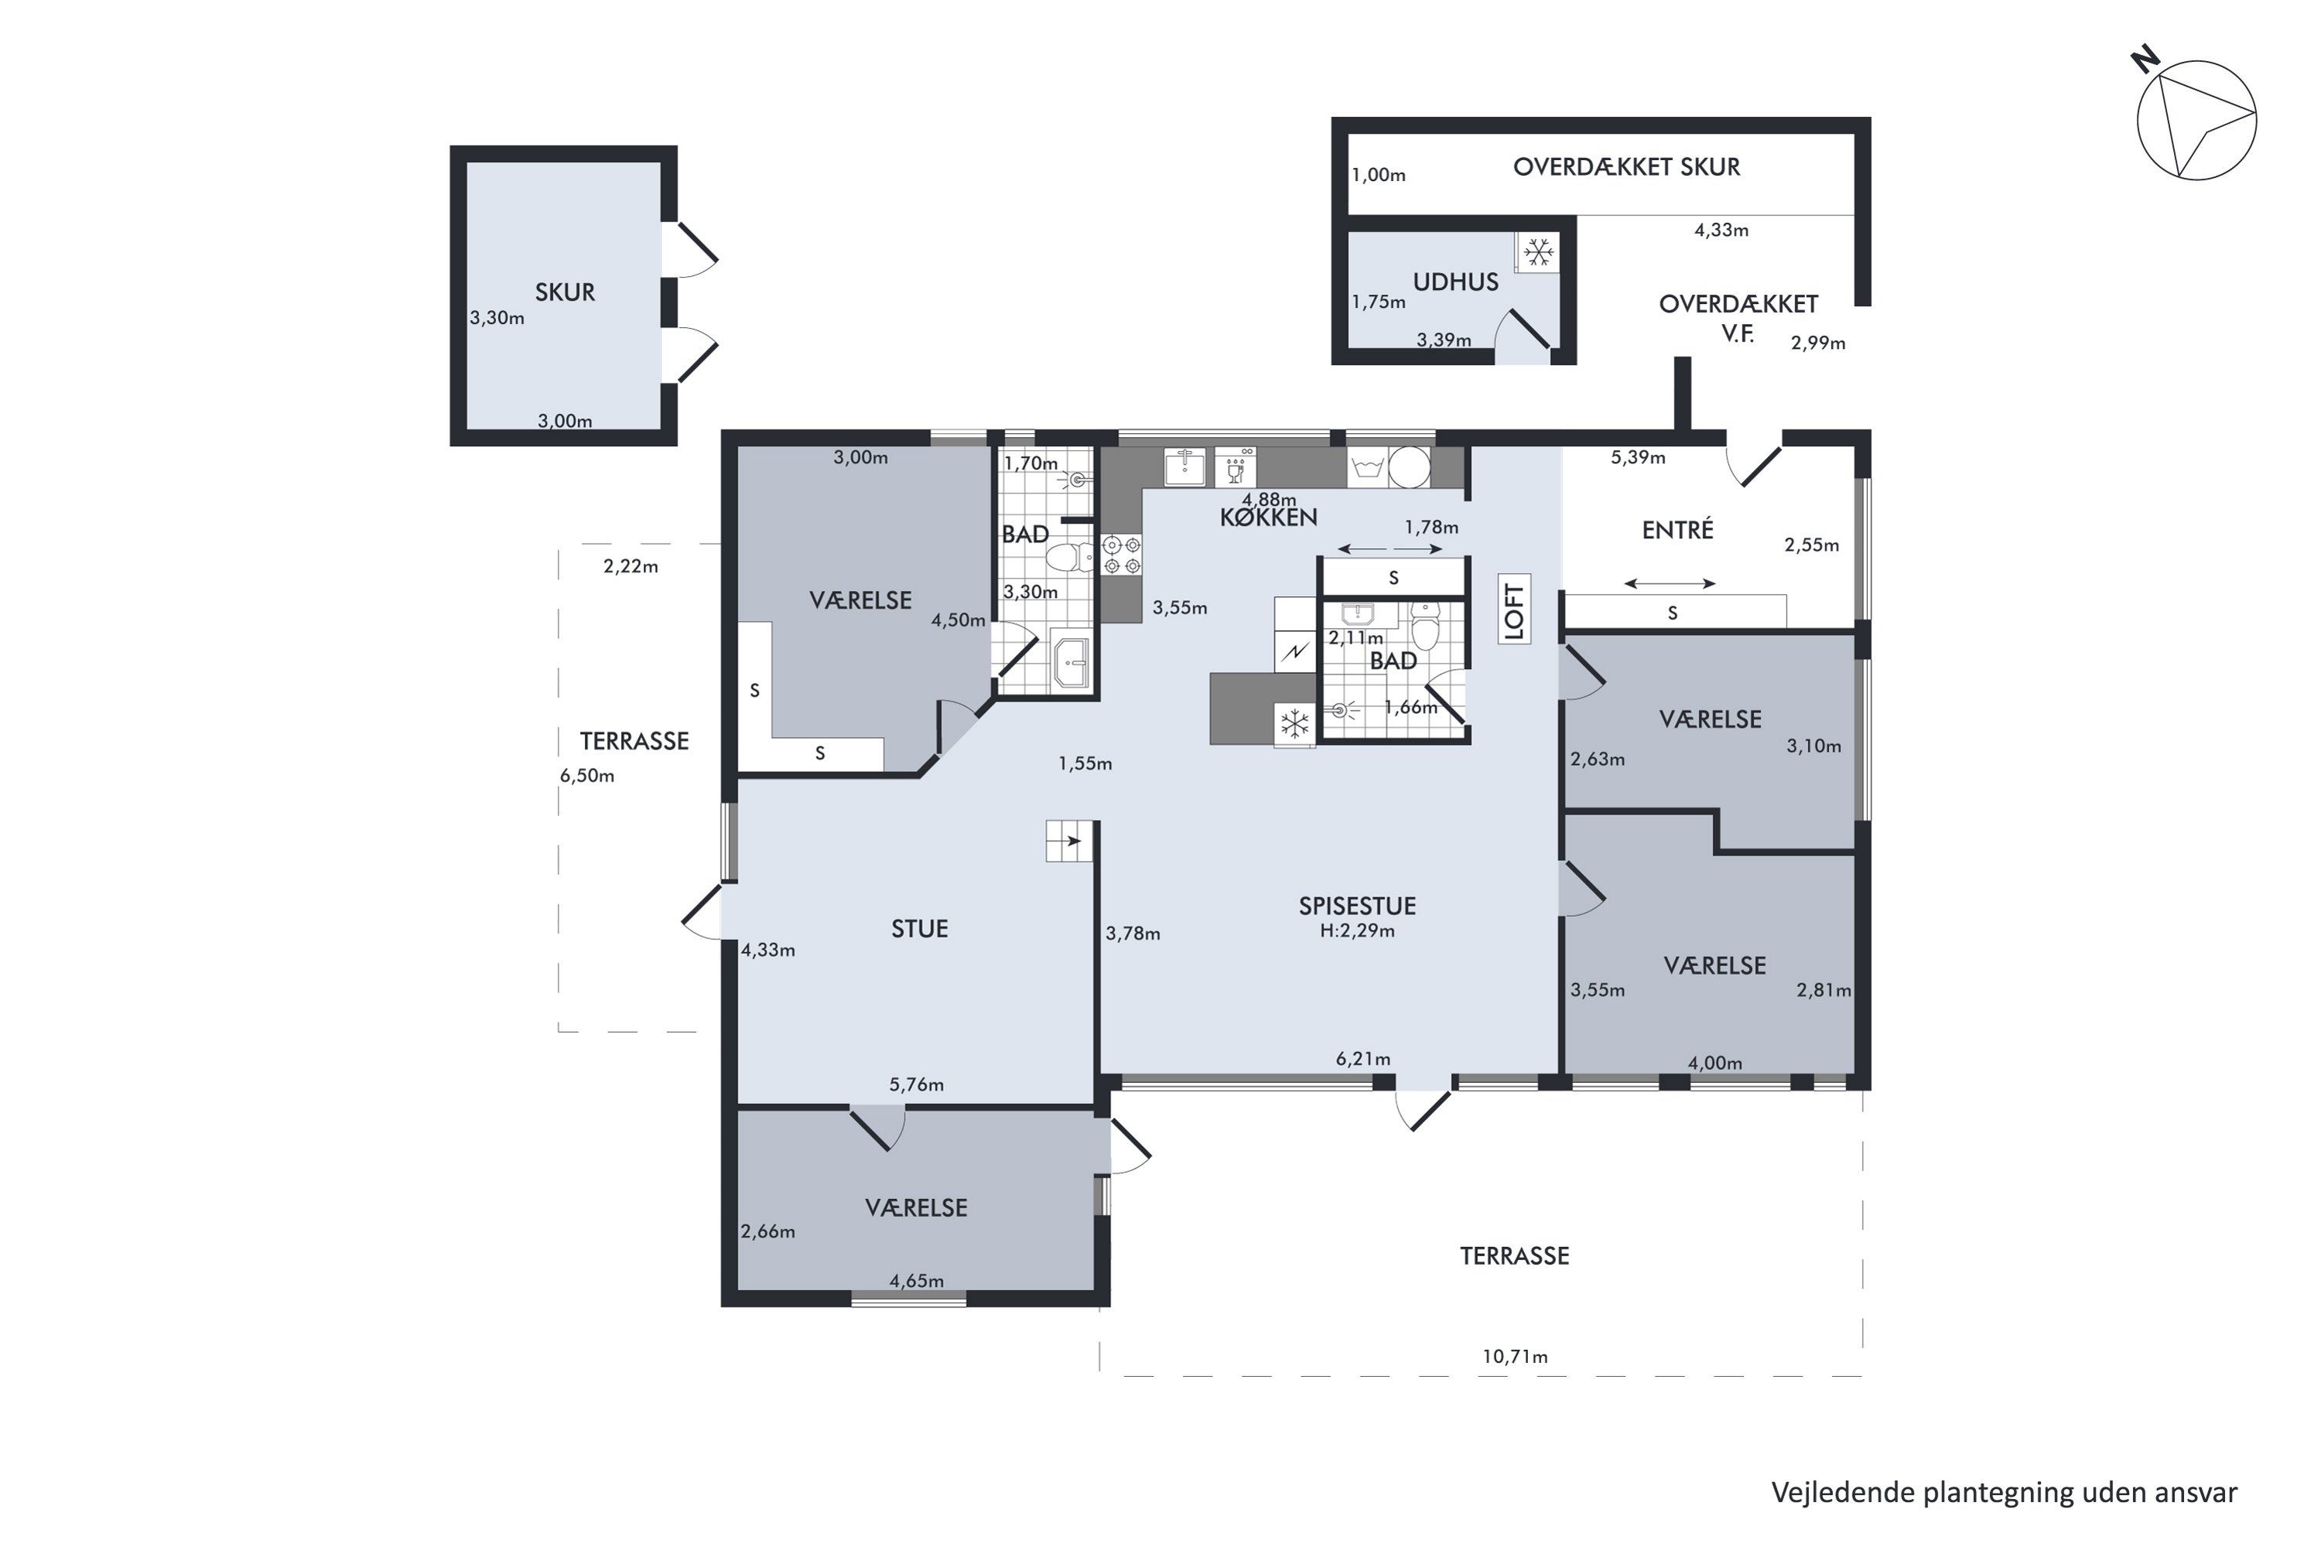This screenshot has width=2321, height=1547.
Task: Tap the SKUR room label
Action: (565, 292)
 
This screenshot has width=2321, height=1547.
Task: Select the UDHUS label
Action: (1455, 282)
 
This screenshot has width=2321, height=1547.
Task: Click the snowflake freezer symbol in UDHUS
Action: (1537, 253)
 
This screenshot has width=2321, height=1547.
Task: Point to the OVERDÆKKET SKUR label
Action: (1626, 167)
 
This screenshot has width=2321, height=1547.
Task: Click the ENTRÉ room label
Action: (1677, 530)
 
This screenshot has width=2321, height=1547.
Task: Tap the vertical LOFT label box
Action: (1514, 609)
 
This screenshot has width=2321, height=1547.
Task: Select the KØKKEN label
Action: (1268, 517)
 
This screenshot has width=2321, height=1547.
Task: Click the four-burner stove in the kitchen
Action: (1122, 555)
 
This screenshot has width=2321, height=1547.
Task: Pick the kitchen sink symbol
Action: (1184, 466)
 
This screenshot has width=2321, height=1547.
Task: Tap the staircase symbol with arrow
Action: (1071, 841)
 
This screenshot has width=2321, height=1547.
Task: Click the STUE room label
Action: (919, 928)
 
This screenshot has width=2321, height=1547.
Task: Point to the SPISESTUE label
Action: (1357, 906)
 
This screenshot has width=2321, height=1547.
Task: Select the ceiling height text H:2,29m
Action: (1357, 931)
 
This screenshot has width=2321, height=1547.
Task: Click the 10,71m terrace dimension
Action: (1514, 1357)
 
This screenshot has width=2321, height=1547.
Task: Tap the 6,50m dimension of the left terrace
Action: (587, 776)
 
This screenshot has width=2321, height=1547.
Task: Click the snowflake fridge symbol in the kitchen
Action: (1294, 724)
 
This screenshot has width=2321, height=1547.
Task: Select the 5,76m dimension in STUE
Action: (916, 1085)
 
